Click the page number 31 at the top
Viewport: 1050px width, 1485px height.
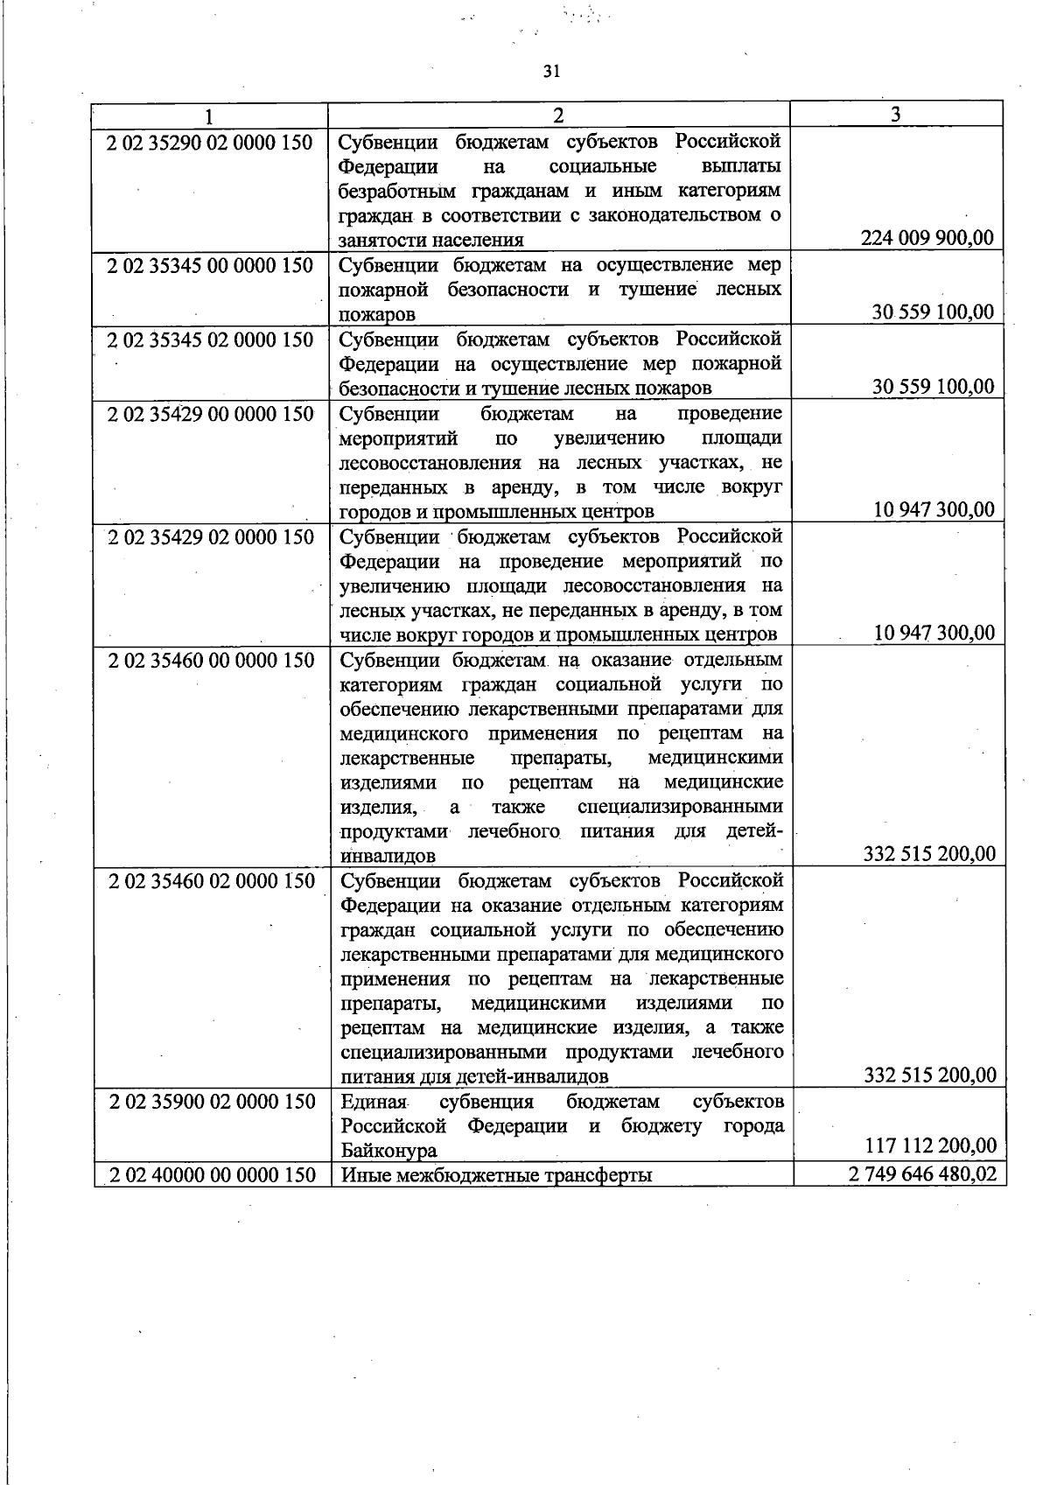(550, 72)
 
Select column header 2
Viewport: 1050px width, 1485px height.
(558, 116)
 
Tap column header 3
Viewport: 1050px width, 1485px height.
(896, 115)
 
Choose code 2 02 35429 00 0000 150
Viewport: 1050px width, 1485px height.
(210, 413)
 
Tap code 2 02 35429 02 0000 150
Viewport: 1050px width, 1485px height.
(210, 536)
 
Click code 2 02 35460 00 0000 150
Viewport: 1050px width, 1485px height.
(211, 660)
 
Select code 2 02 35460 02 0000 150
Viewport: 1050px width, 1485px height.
(211, 881)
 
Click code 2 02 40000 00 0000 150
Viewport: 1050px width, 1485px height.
(212, 1175)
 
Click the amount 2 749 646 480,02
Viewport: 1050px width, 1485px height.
(922, 1174)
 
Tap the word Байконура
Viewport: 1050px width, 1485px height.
(389, 1151)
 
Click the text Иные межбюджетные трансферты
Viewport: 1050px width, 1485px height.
(497, 1175)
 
